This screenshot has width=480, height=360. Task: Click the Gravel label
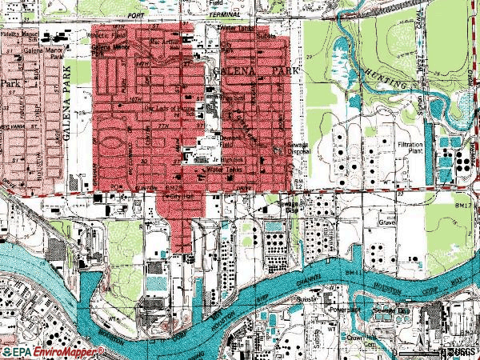(389, 222)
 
